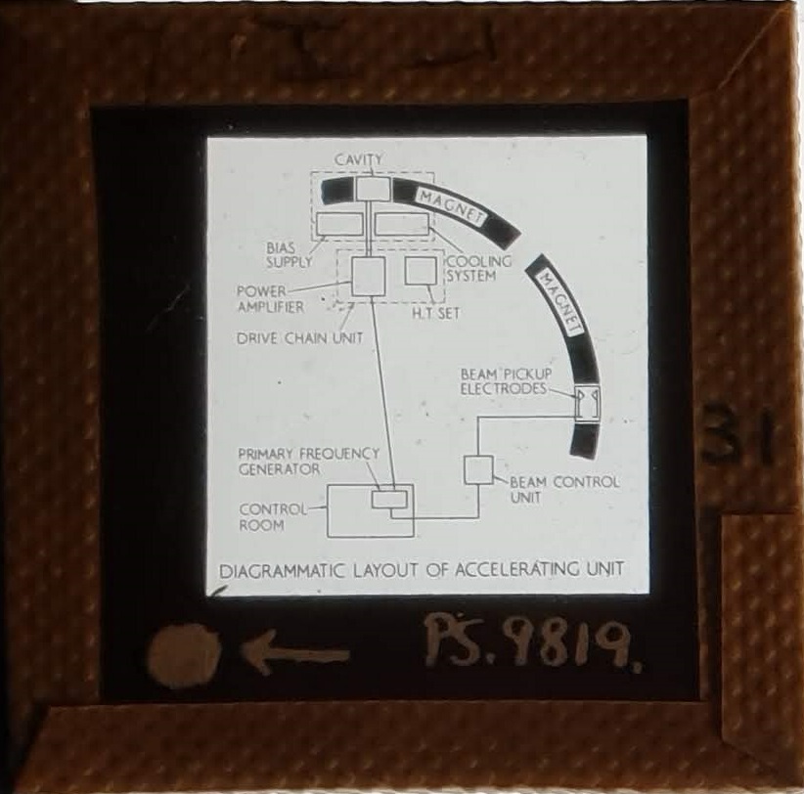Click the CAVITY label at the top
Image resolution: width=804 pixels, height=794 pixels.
tap(358, 159)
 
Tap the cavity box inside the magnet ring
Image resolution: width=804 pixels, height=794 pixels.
tap(373, 188)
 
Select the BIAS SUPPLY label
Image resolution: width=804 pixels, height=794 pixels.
tap(290, 255)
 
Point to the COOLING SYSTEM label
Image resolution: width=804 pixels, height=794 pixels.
tap(479, 268)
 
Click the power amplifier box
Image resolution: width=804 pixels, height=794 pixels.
tap(368, 277)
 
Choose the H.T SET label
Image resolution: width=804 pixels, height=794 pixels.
tap(436, 313)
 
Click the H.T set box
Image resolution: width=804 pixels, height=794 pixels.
tap(421, 271)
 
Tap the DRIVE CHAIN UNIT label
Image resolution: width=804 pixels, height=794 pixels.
tap(300, 338)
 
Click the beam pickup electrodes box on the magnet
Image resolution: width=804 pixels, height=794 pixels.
tap(587, 403)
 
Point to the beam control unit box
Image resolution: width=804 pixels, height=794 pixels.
tap(479, 469)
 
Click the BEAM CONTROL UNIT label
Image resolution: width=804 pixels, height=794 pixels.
tap(564, 490)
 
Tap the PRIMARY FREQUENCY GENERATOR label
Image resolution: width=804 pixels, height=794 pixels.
tap(309, 462)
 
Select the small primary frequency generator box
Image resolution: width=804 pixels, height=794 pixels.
tap(389, 500)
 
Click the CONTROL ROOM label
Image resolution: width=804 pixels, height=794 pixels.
tap(273, 517)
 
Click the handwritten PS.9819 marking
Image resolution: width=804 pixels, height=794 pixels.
tap(532, 642)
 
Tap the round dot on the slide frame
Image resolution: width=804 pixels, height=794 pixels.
tap(184, 656)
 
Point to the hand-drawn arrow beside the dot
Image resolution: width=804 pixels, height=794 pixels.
tap(294, 653)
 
